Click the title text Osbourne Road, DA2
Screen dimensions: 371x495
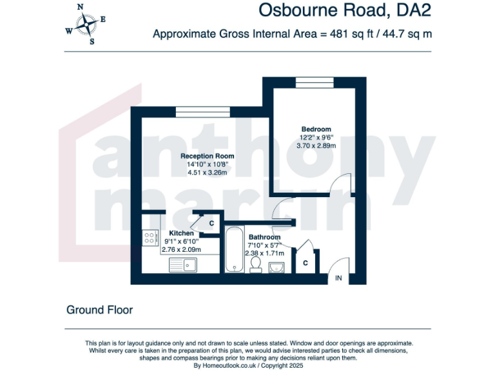(x=344, y=11)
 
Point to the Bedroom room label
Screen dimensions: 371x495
(x=316, y=129)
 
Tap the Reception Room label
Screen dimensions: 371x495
(x=207, y=156)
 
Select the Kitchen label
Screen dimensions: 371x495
(x=181, y=233)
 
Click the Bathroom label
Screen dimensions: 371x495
(x=264, y=237)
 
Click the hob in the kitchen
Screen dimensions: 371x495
(x=151, y=238)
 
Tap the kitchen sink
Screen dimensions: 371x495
(x=183, y=264)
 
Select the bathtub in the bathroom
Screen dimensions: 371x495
(x=233, y=251)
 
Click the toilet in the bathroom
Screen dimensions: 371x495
(x=256, y=265)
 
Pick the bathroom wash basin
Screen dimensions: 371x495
(x=277, y=266)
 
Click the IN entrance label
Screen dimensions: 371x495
(x=338, y=278)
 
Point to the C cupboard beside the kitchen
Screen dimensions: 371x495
(x=211, y=223)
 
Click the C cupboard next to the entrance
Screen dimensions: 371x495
(x=306, y=263)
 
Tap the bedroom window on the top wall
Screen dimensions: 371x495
(x=314, y=81)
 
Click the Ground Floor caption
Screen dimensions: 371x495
(x=99, y=310)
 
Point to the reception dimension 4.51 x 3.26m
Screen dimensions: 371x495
(x=207, y=173)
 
